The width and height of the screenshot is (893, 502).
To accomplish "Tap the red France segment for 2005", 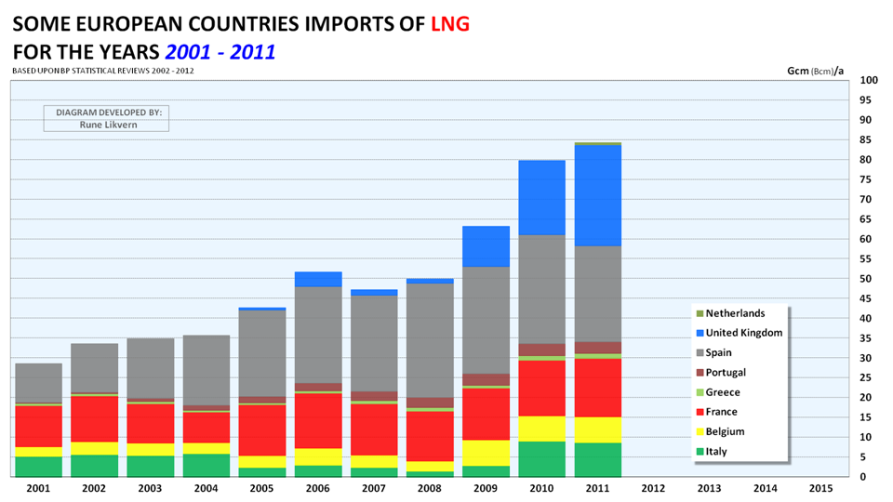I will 262,429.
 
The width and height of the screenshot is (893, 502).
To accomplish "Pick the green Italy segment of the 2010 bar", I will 541,459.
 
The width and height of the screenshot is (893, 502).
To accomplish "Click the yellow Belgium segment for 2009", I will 486,453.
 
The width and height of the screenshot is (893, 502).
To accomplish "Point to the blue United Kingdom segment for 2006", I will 318,279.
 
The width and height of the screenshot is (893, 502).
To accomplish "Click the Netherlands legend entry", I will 735,313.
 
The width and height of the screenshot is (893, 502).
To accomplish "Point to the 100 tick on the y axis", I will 869,81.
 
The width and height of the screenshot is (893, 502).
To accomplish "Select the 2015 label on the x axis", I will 820,488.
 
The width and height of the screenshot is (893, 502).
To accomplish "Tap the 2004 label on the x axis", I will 207,488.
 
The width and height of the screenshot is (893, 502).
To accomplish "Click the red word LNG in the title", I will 450,23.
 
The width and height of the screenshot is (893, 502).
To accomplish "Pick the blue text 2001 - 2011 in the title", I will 217,52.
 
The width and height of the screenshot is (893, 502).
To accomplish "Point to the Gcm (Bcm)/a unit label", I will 815,71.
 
